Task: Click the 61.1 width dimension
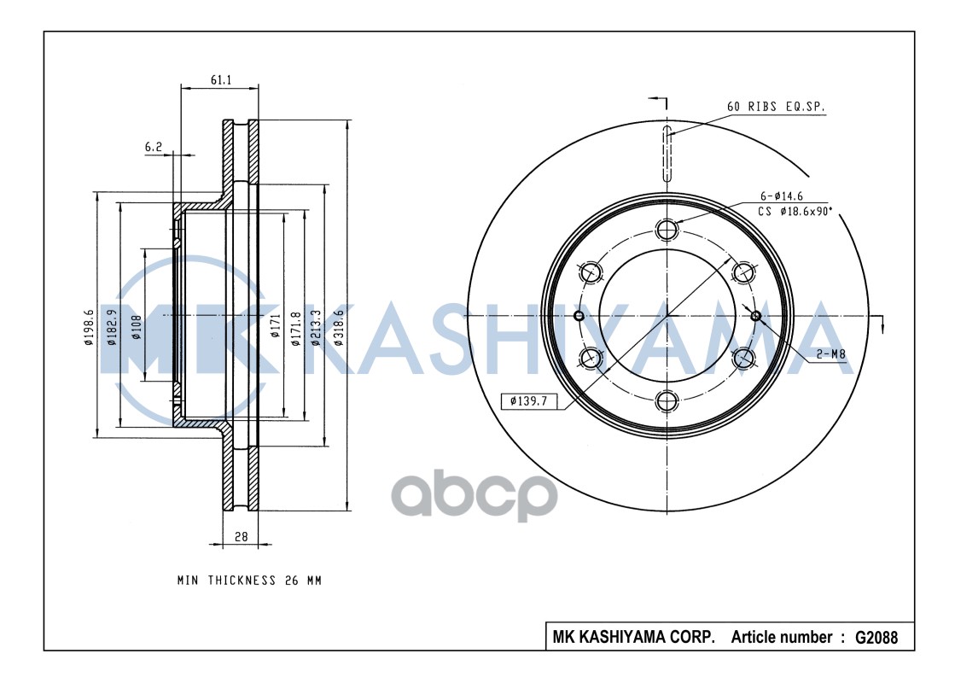pyautogui.click(x=220, y=79)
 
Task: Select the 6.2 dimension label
pyautogui.click(x=154, y=147)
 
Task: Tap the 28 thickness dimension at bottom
pyautogui.click(x=241, y=536)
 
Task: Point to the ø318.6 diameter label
pyautogui.click(x=340, y=324)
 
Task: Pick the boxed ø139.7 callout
pyautogui.click(x=529, y=400)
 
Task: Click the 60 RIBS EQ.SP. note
pyautogui.click(x=776, y=107)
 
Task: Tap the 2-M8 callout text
pyautogui.click(x=831, y=353)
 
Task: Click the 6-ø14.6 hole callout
pyautogui.click(x=782, y=196)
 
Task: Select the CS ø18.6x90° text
pyautogui.click(x=795, y=211)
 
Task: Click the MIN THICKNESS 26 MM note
pyautogui.click(x=249, y=581)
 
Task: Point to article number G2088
pyautogui.click(x=875, y=638)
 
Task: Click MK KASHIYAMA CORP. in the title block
pyautogui.click(x=633, y=638)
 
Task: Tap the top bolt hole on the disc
pyautogui.click(x=667, y=229)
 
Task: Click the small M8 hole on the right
pyautogui.click(x=755, y=316)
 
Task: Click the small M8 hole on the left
pyautogui.click(x=579, y=316)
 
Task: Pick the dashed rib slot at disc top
pyautogui.click(x=667, y=150)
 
